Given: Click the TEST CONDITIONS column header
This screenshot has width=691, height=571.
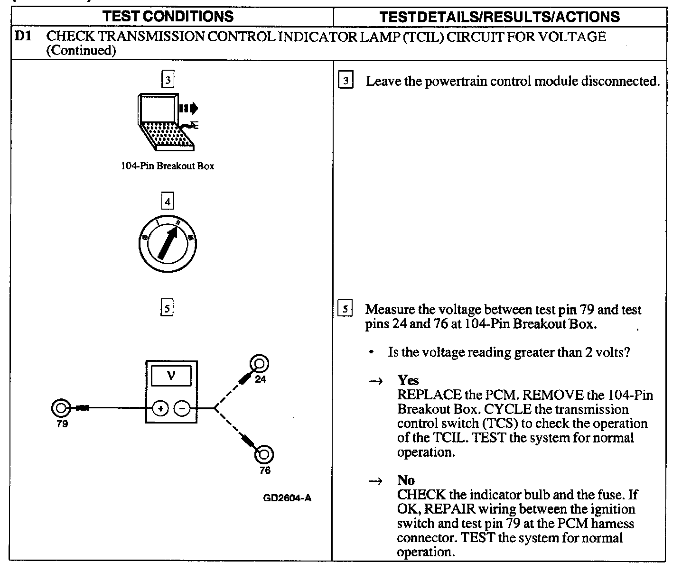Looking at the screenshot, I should [168, 17].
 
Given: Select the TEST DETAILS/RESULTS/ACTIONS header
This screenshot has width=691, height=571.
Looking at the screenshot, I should [500, 17].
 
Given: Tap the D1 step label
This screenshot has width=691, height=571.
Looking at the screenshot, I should [24, 36].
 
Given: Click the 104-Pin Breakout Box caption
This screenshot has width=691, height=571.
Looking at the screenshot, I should [168, 166].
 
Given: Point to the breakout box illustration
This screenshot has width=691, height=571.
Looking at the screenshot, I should [166, 122].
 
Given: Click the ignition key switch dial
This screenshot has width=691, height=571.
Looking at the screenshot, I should [168, 245].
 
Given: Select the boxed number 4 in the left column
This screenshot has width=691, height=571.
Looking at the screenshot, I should [168, 202].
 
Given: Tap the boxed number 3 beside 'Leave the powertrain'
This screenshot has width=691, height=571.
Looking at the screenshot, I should [345, 81].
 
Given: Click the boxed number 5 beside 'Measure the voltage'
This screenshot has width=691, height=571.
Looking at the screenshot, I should [345, 309].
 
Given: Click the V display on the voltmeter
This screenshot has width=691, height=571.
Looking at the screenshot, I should [171, 376].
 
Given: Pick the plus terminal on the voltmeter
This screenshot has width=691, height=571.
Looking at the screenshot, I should [160, 408].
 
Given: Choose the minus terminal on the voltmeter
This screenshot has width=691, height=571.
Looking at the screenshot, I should [182, 408].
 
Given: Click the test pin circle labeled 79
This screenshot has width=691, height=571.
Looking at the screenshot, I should [61, 408].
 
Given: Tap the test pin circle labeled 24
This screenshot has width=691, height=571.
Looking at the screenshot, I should [260, 364].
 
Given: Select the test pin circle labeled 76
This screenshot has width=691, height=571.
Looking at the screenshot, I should [264, 454].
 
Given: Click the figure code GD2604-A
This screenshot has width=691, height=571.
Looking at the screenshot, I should [287, 498].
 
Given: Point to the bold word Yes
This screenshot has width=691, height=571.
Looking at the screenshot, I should [408, 380].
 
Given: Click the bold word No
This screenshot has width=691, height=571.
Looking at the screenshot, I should [406, 480].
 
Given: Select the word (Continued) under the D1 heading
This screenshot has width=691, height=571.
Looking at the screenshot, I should [81, 50].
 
